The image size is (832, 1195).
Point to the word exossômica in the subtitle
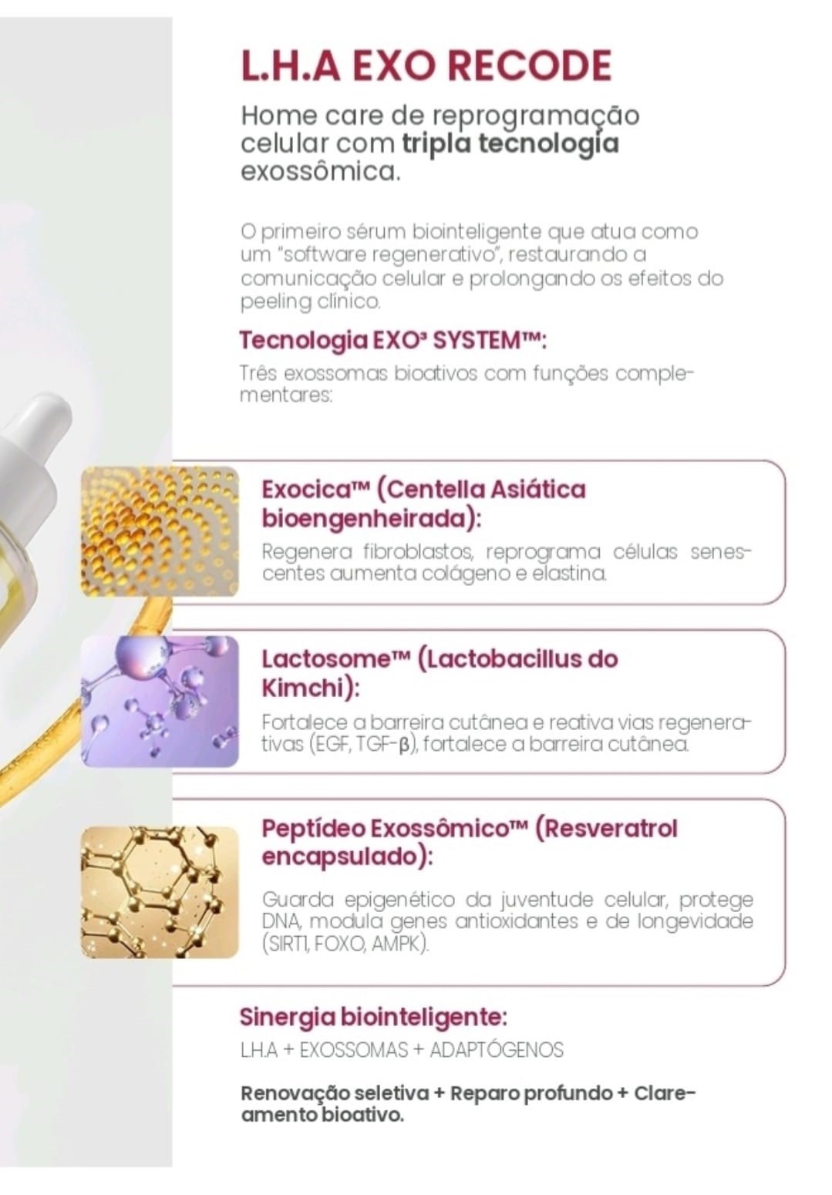coord(320,173)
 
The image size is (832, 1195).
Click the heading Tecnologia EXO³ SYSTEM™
coord(392,340)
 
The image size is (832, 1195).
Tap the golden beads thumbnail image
coord(160,531)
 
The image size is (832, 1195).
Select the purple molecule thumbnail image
coord(160,701)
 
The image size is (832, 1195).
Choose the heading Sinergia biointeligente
coord(373,1018)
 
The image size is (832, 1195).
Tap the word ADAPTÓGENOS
coord(497,1050)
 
